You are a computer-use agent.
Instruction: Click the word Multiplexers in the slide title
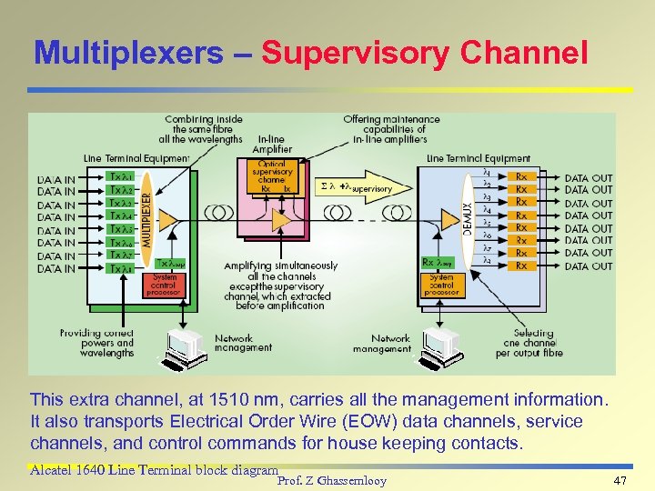coord(126,54)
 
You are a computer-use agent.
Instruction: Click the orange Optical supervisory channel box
coord(271,175)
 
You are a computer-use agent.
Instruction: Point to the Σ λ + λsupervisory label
coord(356,188)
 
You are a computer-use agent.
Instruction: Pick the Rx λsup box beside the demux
coord(438,262)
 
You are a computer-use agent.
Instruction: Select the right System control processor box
coord(440,285)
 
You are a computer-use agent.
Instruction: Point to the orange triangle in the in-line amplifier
coord(281,219)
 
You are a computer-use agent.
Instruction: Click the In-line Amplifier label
coord(272,146)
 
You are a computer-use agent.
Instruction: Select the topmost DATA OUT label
coord(588,177)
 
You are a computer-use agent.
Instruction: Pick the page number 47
coord(621,480)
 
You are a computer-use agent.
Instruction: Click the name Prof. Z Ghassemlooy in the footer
coord(331,480)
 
